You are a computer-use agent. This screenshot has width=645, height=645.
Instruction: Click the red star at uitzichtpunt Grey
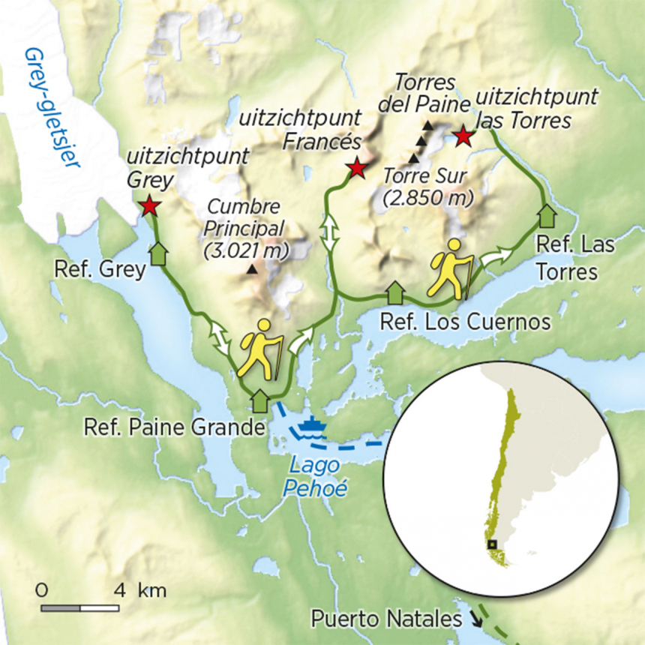click(150, 205)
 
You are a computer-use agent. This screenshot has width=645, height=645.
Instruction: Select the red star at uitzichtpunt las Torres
click(463, 136)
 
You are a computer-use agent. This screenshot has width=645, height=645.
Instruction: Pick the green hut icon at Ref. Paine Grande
click(260, 400)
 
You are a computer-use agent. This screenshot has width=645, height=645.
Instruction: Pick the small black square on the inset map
click(491, 544)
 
